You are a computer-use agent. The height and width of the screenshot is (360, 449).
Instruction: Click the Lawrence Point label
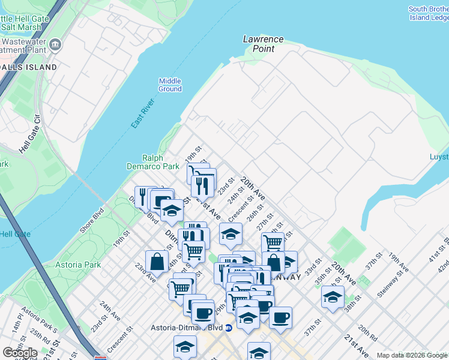(263, 44)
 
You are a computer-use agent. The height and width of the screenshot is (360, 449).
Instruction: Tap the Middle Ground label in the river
(170, 85)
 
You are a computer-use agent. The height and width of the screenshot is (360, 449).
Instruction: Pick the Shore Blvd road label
(91, 221)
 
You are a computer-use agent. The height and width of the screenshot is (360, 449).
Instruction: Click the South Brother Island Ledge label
(429, 13)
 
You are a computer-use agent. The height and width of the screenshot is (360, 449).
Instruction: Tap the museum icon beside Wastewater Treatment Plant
(55, 44)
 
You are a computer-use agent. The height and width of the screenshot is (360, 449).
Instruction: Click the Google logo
(20, 353)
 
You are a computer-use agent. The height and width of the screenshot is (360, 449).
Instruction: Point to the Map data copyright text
(412, 355)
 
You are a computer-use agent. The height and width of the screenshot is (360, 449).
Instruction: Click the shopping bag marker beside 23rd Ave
(157, 262)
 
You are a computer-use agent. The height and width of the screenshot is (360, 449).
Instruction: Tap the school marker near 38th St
(333, 297)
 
